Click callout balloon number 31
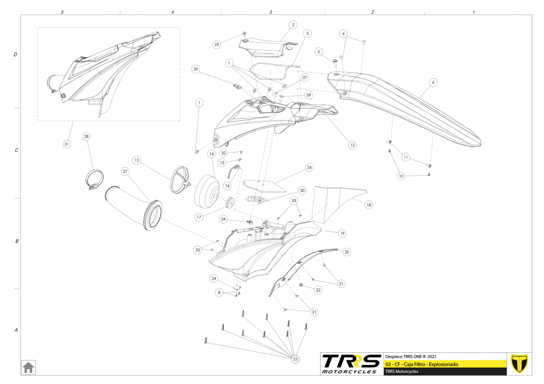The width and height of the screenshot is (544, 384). [67, 144]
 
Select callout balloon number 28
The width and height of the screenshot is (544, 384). [86, 137]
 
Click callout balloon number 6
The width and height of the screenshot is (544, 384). [433, 82]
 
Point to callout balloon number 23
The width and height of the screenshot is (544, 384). [295, 359]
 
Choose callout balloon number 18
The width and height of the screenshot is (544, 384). [369, 204]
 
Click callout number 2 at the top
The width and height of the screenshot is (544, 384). [293, 24]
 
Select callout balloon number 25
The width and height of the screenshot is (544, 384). [216, 45]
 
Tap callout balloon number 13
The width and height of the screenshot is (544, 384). [136, 160]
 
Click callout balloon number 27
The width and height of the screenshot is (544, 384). [125, 171]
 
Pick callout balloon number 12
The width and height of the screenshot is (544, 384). [352, 145]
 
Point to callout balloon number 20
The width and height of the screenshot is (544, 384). [346, 252]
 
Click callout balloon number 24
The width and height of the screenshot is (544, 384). [214, 279]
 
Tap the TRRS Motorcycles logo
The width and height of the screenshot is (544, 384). [351, 364]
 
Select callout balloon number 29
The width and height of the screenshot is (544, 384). [195, 70]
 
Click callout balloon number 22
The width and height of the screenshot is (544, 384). [318, 290]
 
